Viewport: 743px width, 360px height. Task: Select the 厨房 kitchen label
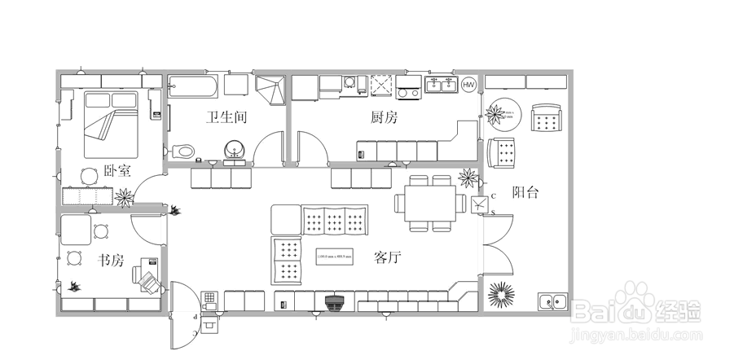click(x=384, y=117)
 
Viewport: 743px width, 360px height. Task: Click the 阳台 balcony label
click(x=525, y=192)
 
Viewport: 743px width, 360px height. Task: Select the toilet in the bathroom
click(x=184, y=151)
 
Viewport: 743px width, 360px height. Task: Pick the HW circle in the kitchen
click(x=469, y=85)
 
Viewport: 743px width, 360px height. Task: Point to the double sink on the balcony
click(x=552, y=301)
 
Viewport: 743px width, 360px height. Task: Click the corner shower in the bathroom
click(x=272, y=89)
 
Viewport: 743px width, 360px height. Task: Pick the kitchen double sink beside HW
click(x=441, y=85)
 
